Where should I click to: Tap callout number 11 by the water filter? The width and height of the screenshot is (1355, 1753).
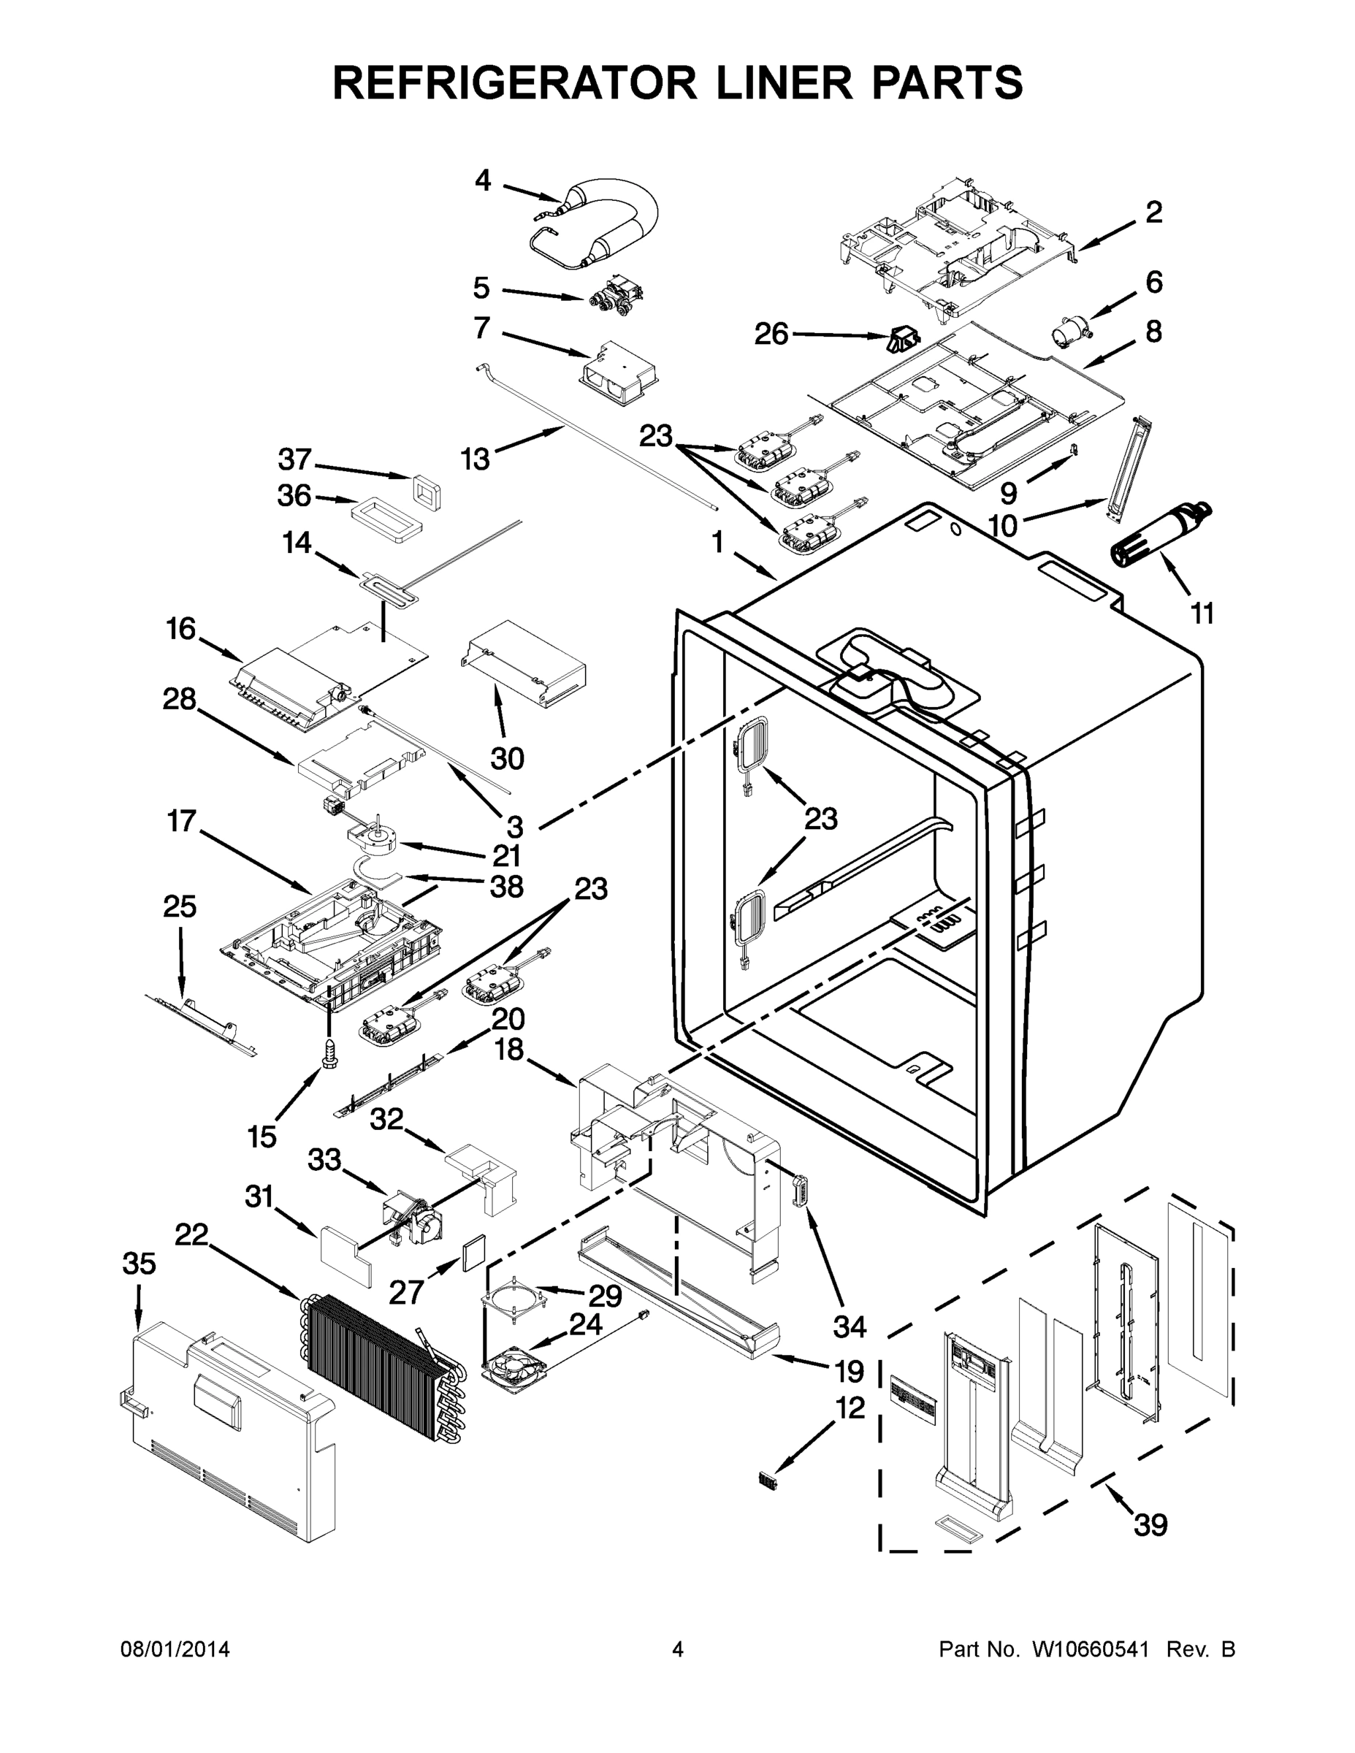1201,614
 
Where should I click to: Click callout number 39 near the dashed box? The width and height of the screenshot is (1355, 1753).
1150,1524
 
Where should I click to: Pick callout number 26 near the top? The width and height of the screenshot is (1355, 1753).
771,333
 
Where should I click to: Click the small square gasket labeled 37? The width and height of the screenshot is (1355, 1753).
427,489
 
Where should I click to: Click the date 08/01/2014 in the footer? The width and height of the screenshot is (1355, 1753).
175,1649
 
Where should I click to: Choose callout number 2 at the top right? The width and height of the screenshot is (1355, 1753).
1153,213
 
